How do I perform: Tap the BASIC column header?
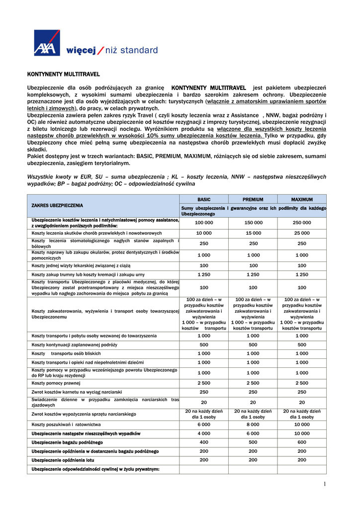pyautogui.click(x=204, y=199)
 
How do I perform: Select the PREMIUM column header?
pyautogui.click(x=253, y=199)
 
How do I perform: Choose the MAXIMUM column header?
pyautogui.click(x=302, y=199)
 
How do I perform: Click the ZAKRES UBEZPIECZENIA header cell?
pyautogui.click(x=57, y=205)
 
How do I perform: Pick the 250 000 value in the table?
pyautogui.click(x=302, y=223)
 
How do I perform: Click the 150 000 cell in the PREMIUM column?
pyautogui.click(x=253, y=223)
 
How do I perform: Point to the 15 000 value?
pyautogui.click(x=253, y=233)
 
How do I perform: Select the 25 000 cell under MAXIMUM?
pyautogui.click(x=302, y=233)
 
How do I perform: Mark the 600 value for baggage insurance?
pyautogui.click(x=302, y=442)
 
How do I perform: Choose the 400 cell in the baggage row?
pyautogui.click(x=204, y=442)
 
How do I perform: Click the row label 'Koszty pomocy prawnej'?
pyautogui.click(x=56, y=383)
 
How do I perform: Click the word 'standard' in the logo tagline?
pyautogui.click(x=139, y=50)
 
